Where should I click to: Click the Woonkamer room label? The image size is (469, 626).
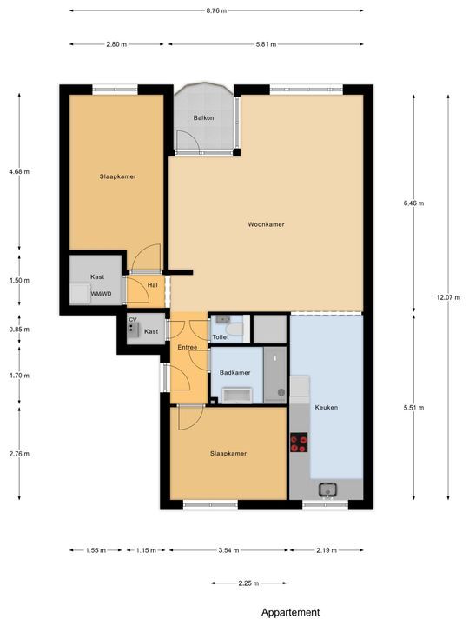[x=266, y=224]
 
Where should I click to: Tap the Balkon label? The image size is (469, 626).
[x=204, y=117]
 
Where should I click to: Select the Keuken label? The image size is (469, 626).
[x=327, y=407]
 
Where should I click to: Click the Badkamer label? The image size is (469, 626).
[x=234, y=372]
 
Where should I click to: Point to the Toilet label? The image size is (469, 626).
[x=221, y=336]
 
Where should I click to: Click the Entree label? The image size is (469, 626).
[x=188, y=348]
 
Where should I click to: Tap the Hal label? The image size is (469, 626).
[x=152, y=284]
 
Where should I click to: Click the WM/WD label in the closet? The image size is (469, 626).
[x=101, y=294]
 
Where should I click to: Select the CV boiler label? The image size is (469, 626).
[x=133, y=320]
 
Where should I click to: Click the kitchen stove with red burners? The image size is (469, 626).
[x=299, y=443]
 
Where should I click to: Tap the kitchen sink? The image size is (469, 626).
[x=328, y=489]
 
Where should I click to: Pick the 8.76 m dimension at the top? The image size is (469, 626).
[x=216, y=11]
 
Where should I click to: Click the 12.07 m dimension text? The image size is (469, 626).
[x=448, y=297]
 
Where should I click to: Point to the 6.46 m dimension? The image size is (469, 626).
[x=413, y=203]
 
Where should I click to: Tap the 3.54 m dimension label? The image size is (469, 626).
[x=229, y=550]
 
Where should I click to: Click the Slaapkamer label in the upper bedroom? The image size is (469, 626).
[x=117, y=176]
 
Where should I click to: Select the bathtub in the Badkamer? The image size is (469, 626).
[x=236, y=396]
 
